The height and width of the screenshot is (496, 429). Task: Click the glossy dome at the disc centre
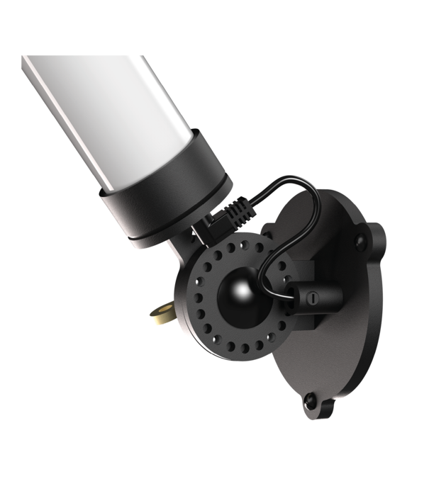pos(235,290)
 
